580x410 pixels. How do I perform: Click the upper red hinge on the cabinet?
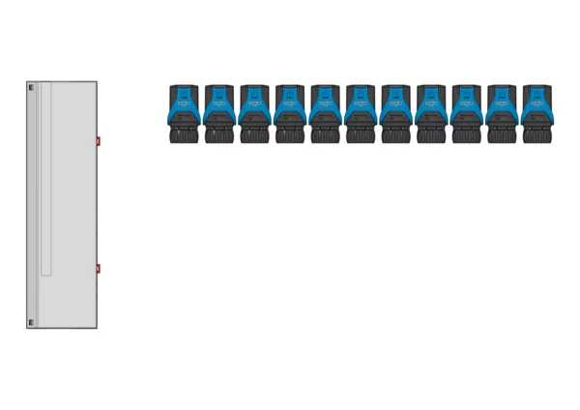click(98, 141)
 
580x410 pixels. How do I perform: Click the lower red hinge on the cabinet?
click(98, 268)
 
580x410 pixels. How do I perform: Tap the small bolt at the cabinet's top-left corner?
click(30, 88)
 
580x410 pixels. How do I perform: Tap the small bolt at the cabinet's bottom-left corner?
click(30, 322)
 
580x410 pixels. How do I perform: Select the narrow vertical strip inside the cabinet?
click(45, 179)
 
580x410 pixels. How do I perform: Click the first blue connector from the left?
click(184, 111)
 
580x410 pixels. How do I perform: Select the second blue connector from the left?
click(219, 111)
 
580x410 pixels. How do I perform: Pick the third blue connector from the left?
click(254, 111)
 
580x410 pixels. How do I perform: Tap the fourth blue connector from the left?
click(290, 111)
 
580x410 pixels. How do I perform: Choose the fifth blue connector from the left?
click(325, 111)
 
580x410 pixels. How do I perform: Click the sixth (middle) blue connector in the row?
click(361, 111)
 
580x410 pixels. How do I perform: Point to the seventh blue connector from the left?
click(395, 111)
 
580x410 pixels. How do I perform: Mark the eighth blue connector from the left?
click(431, 111)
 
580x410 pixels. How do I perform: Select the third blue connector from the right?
click(466, 111)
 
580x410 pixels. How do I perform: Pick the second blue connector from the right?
click(502, 111)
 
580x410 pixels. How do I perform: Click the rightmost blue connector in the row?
click(536, 111)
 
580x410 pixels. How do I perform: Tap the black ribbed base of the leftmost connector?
click(184, 135)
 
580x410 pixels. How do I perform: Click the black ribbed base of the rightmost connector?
click(536, 135)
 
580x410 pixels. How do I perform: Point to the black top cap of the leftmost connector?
click(184, 88)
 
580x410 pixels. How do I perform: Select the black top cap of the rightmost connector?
click(536, 88)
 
